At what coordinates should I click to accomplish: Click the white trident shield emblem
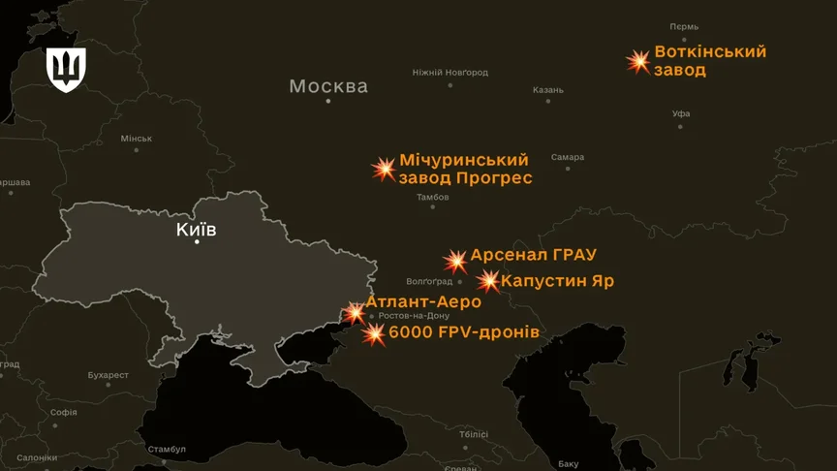[x=67, y=69]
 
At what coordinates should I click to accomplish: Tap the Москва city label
[x=328, y=86]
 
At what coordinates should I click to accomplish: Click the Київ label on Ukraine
[x=196, y=230]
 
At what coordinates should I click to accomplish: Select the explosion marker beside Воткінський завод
[x=637, y=62]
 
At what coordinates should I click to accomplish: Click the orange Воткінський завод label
[x=710, y=61]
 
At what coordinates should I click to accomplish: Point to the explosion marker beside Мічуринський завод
[x=385, y=170]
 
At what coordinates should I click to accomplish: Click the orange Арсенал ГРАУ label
[x=533, y=256]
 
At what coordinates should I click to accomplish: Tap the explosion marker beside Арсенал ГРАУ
[x=455, y=261]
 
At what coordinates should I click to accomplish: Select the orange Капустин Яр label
[x=557, y=281]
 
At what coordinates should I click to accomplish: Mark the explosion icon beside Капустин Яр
[x=488, y=282]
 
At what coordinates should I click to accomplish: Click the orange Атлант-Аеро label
[x=422, y=302]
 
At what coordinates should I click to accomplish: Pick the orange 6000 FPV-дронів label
[x=463, y=332]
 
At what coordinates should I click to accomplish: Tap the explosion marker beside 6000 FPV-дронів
[x=374, y=334]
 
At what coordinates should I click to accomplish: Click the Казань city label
[x=547, y=90]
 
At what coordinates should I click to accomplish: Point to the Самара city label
[x=568, y=157]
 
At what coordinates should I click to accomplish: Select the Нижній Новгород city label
[x=449, y=73]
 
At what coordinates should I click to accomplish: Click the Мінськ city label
[x=136, y=139]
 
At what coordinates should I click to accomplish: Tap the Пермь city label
[x=684, y=26]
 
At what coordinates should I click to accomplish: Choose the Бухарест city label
[x=108, y=375]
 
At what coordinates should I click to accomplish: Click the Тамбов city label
[x=433, y=197]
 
